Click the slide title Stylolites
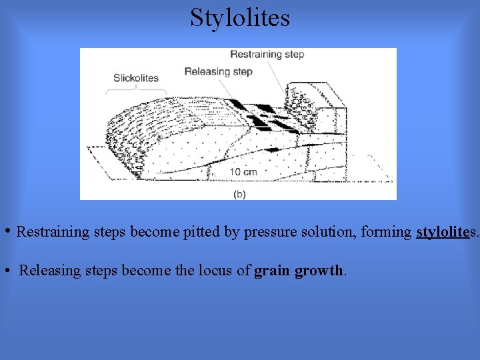(x=240, y=17)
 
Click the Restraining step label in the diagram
(x=267, y=55)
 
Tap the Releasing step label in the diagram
(x=218, y=71)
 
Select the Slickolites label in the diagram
(x=136, y=77)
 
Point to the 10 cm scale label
(x=243, y=171)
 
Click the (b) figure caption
(x=239, y=194)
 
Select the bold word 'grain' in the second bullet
(x=272, y=271)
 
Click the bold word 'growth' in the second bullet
(x=318, y=271)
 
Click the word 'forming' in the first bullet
(x=386, y=232)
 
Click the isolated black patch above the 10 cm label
(x=272, y=150)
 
